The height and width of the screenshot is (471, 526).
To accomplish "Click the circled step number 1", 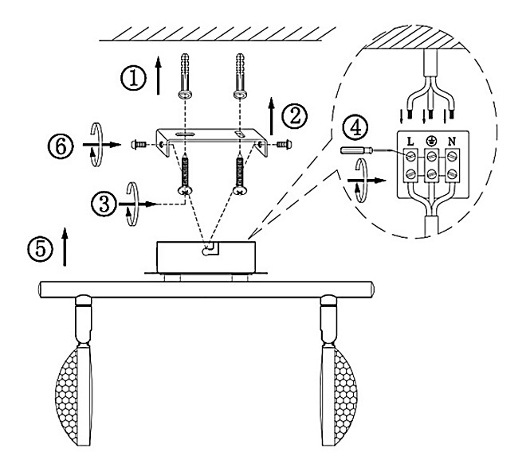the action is pyautogui.click(x=134, y=78).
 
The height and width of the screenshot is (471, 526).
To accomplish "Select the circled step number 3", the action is pyautogui.click(x=104, y=204).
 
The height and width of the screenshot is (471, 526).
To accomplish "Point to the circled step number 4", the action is pyautogui.click(x=355, y=127).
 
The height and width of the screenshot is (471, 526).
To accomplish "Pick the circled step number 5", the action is pyautogui.click(x=40, y=249).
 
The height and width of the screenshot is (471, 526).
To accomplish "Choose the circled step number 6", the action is pyautogui.click(x=61, y=146).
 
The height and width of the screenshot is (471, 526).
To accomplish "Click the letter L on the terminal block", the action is pyautogui.click(x=410, y=142).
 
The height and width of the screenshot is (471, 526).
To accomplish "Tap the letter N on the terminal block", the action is pyautogui.click(x=452, y=142).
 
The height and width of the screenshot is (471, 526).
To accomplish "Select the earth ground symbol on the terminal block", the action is pyautogui.click(x=430, y=142).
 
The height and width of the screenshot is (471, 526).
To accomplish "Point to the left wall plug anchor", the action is pyautogui.click(x=185, y=76).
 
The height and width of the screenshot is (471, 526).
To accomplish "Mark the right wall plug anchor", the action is pyautogui.click(x=240, y=76).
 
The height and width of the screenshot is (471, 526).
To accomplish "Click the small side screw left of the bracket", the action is pyautogui.click(x=138, y=145).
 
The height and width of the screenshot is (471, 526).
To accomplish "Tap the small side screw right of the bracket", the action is pyautogui.click(x=285, y=145).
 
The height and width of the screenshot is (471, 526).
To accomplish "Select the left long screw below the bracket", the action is pyautogui.click(x=185, y=174).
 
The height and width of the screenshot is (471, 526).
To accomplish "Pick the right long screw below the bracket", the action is pyautogui.click(x=240, y=174).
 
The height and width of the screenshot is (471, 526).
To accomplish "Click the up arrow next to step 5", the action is pyautogui.click(x=65, y=247).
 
